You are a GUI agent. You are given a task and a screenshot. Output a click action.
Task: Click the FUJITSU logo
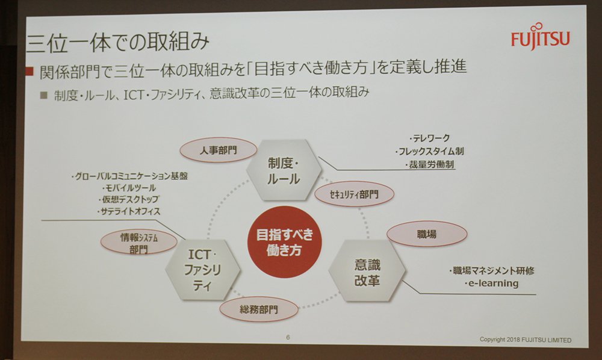point(540,37)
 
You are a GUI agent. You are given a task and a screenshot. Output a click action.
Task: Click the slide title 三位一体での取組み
point(117,42)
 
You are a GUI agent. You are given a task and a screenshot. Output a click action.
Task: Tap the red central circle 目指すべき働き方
point(284,242)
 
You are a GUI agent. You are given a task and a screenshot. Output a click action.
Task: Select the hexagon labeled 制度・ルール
point(284,170)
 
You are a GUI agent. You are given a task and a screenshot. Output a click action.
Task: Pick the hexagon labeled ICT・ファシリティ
point(203,270)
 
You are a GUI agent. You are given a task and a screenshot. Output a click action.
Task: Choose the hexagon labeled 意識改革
point(367,272)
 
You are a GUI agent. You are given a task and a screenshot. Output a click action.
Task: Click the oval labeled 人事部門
point(218,150)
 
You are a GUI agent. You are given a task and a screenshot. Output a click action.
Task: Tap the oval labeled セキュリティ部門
point(354,194)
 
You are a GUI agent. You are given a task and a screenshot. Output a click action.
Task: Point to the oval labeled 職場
point(427,234)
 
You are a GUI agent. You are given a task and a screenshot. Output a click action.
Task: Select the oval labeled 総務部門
point(259,309)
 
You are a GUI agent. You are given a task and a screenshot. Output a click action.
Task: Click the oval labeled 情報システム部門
point(138,243)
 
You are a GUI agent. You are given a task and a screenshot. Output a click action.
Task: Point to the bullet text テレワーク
point(430,138)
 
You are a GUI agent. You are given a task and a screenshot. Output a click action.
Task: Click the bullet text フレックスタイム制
point(430,151)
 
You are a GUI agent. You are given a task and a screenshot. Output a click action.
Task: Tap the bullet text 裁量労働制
point(430,164)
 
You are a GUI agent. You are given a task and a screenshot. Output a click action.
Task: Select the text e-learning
point(491,284)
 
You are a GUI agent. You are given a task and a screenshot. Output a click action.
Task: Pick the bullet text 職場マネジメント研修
point(491,270)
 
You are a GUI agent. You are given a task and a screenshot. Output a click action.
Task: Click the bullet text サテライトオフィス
point(129,211)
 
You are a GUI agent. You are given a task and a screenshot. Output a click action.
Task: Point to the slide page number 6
point(288,337)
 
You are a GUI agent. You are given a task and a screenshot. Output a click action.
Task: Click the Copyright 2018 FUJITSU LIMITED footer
point(525,340)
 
